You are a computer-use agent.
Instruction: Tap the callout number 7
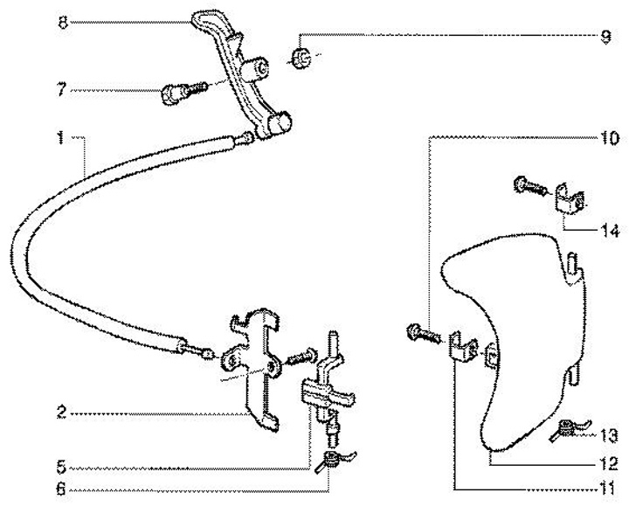click(62, 89)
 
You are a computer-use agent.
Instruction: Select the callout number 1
click(62, 137)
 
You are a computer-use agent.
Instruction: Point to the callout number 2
click(62, 412)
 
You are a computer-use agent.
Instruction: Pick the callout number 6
click(62, 490)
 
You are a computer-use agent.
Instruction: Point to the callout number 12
click(607, 461)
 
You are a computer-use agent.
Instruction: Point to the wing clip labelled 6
click(333, 459)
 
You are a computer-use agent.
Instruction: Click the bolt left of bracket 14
click(527, 186)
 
